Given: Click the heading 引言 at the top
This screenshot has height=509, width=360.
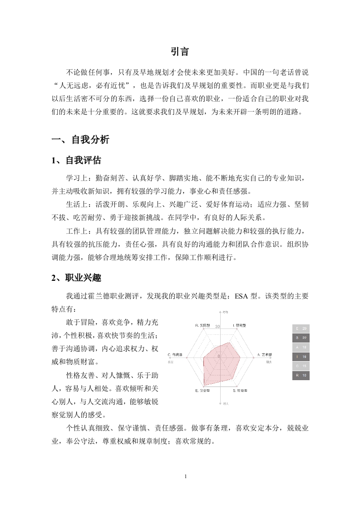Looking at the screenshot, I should (x=180, y=52).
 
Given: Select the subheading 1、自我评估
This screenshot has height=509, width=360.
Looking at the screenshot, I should (x=76, y=160).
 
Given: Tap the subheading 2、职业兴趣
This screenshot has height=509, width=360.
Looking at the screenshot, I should (x=76, y=279).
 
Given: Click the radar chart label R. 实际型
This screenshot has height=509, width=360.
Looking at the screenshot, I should (x=202, y=326).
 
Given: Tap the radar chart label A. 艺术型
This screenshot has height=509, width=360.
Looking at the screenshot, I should (x=265, y=354).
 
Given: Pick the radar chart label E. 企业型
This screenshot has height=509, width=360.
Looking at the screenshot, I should (x=202, y=390).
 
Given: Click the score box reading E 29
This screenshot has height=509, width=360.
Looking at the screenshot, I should (x=301, y=328).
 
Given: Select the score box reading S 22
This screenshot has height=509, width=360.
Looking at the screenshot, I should (x=301, y=338).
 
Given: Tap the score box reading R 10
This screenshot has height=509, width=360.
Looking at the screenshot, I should (x=301, y=376).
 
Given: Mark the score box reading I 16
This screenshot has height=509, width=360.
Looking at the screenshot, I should (x=301, y=357).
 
